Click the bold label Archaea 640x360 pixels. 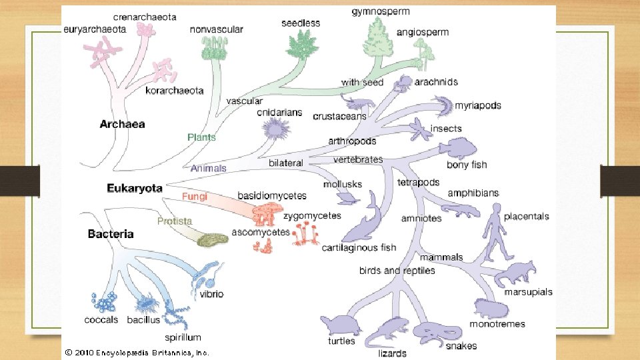122,124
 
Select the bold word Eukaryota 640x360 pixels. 135,188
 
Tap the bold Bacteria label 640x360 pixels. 111,234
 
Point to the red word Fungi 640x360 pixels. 195,197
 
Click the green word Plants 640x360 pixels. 201,137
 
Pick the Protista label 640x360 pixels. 175,221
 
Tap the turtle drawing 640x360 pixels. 340,325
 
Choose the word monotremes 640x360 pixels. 497,324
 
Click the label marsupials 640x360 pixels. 528,292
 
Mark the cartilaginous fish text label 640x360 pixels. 359,247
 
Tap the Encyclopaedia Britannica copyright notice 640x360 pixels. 137,352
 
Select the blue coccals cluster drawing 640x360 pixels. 105,303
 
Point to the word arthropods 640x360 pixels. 352,141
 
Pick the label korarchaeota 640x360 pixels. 175,91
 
